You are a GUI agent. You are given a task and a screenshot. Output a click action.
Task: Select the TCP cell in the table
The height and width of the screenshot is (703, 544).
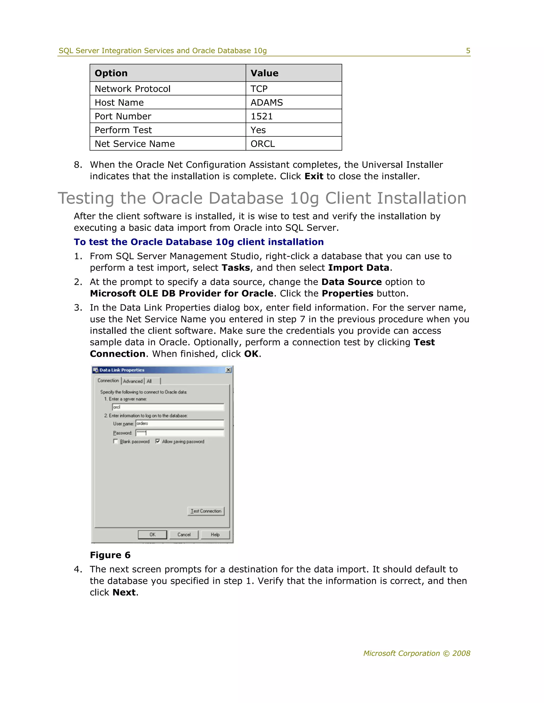tap(259, 89)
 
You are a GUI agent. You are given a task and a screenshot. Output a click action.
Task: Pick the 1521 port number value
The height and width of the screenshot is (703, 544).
tap(262, 116)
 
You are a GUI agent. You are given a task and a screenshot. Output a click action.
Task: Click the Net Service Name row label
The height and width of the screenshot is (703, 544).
tap(135, 144)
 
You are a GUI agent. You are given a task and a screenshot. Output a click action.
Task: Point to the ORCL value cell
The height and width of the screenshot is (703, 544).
tap(263, 144)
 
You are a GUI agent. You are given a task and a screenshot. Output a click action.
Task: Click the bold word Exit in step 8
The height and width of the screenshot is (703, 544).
tap(314, 176)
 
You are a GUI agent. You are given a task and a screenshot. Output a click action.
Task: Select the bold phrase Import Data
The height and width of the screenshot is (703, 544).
tap(358, 268)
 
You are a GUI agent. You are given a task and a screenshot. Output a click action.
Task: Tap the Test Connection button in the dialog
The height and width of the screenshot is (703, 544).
tap(206, 511)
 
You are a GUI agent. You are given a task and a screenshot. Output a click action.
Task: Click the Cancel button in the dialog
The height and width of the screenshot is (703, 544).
tap(184, 534)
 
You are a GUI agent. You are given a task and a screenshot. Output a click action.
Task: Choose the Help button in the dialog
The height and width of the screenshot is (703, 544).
tap(215, 534)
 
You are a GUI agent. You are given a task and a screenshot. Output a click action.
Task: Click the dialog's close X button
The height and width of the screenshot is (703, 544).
tap(228, 370)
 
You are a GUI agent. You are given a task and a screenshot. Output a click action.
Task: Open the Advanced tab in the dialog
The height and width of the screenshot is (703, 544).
tap(133, 381)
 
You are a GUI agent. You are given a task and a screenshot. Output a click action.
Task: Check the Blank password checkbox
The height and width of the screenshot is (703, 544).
tap(115, 441)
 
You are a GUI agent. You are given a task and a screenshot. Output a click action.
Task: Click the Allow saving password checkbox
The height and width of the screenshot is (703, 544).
tap(158, 441)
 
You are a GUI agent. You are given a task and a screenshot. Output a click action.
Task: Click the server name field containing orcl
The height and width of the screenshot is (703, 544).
tap(168, 407)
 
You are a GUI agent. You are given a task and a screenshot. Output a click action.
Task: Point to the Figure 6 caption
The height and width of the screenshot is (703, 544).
tap(110, 555)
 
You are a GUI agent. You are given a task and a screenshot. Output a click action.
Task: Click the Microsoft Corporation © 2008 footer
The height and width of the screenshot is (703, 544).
tap(416, 653)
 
